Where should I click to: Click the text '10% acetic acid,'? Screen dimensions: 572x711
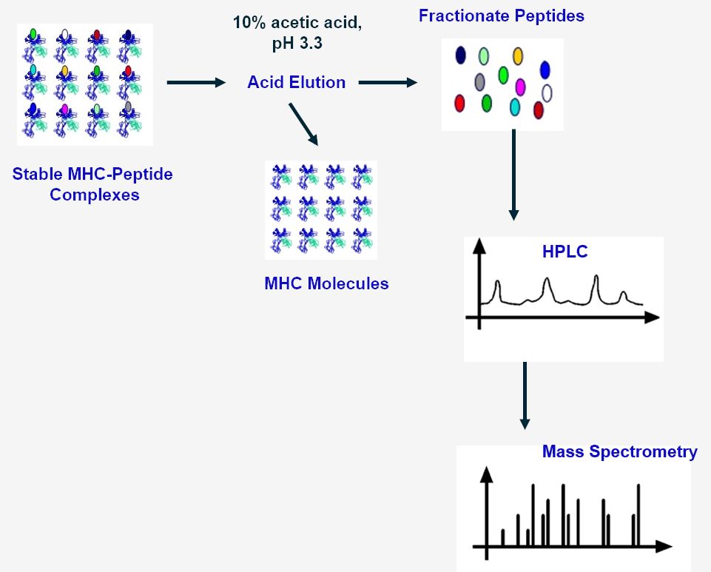tap(297, 22)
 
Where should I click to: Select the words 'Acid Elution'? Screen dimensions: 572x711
tap(296, 82)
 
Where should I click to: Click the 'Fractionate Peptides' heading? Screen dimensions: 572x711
tap(501, 16)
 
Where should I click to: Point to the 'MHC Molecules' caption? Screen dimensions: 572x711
tap(326, 283)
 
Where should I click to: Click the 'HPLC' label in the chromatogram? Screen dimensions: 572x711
tap(565, 252)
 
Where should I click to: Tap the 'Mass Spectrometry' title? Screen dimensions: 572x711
tap(619, 451)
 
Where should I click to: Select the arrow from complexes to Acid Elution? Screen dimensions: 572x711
tap(195, 82)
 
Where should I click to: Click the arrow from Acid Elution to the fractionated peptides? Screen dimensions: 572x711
tap(388, 82)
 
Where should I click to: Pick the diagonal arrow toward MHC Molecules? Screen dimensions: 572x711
tap(303, 124)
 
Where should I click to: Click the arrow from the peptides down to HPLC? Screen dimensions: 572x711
tap(513, 175)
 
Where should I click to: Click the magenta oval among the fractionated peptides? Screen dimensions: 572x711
tap(520, 87)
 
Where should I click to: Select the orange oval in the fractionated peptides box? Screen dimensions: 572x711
tap(518, 55)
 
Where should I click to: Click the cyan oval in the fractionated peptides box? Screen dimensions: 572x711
tap(515, 107)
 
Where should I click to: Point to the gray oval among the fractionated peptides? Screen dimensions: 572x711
tap(479, 81)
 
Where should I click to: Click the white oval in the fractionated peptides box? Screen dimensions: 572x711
tap(547, 92)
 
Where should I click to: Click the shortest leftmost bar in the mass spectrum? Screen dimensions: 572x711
tap(503, 537)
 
